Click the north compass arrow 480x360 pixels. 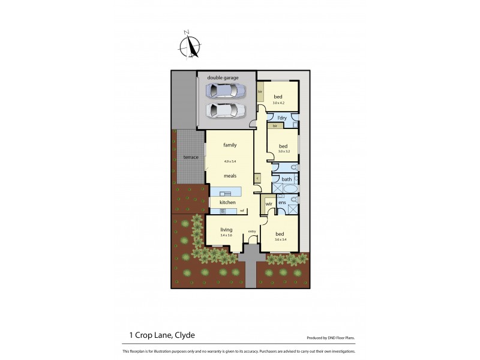point(192,45)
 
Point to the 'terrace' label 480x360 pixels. point(191,157)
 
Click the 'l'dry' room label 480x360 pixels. point(282,118)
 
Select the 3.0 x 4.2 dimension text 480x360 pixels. point(278,103)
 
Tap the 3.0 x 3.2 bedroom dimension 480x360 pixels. point(283,152)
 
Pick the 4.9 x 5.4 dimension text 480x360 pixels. point(230,161)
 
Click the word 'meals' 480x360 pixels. point(230,176)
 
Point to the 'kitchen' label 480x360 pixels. point(227,203)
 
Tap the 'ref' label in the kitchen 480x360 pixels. point(242,210)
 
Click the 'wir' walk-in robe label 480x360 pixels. point(269,204)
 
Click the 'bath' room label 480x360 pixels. point(286,179)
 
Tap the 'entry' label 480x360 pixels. point(252,231)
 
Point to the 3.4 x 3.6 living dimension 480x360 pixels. point(226,235)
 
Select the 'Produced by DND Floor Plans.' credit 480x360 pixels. point(335,338)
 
